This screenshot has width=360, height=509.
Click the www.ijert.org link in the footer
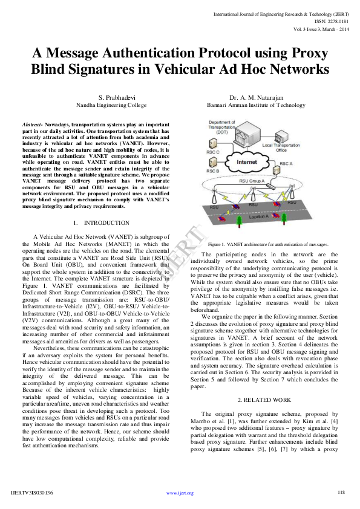coord(180,493)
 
